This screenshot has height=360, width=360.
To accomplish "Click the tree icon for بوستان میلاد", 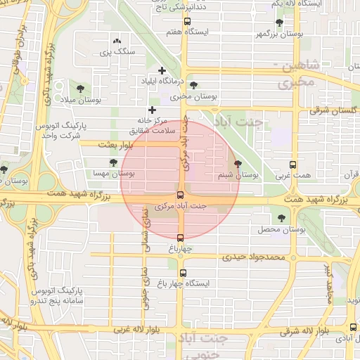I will click(x=80, y=89).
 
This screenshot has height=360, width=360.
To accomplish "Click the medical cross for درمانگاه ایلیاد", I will click(x=162, y=70).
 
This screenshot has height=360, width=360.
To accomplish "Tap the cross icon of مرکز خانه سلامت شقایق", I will click(x=151, y=110).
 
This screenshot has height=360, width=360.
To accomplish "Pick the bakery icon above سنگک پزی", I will click(x=116, y=42).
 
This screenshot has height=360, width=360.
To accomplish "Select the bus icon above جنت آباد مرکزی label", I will click(x=180, y=195).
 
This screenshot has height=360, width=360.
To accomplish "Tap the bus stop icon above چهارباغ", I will click(x=180, y=238).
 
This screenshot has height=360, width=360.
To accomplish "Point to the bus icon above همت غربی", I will click(x=292, y=163).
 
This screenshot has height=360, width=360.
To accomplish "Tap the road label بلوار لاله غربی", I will click(x=141, y=329).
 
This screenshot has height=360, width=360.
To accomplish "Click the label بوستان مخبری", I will click(x=196, y=96).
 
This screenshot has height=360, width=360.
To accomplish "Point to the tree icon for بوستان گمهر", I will click(x=279, y=22).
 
